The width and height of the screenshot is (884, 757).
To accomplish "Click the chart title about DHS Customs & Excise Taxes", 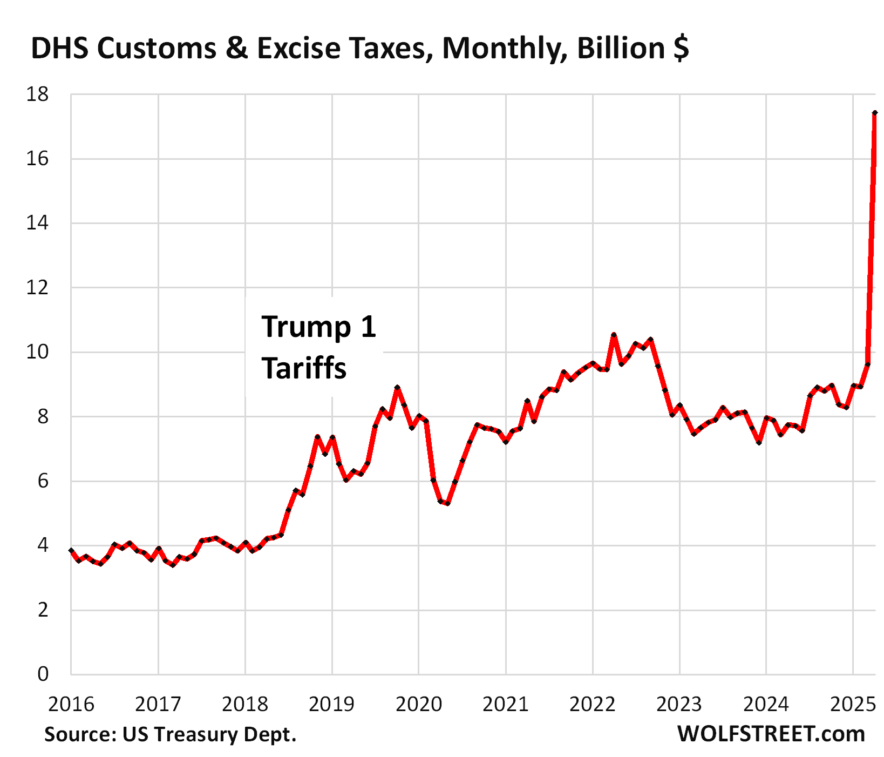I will (359, 49).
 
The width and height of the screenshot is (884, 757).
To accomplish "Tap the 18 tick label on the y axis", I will (37, 95).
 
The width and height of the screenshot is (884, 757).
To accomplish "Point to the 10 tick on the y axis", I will (37, 353).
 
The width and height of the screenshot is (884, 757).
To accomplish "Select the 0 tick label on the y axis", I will (43, 674).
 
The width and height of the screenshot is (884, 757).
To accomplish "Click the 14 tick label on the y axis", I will (37, 224).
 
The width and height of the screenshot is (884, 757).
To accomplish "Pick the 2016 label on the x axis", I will (71, 704).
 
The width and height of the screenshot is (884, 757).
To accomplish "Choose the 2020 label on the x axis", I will (419, 704).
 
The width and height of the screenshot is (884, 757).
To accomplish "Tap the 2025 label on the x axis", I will (853, 704).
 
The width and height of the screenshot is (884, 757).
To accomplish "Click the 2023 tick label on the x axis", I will (679, 704).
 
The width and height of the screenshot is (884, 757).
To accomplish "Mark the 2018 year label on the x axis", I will (245, 704).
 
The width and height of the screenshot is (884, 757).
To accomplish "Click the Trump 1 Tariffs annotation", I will (318, 348).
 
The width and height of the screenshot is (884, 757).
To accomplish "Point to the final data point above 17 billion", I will (875, 113).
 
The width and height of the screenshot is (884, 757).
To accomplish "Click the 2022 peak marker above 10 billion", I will (614, 335).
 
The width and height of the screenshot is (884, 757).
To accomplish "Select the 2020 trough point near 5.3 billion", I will (447, 503).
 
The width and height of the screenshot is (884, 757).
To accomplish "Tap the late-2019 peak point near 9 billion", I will (397, 388).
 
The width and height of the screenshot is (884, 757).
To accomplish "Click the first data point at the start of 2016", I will (71, 550).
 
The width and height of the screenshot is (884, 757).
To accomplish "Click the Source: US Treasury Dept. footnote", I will (170, 734).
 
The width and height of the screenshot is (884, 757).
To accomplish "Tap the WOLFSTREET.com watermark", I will (771, 734).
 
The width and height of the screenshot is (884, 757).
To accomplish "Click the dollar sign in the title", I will (681, 49).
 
